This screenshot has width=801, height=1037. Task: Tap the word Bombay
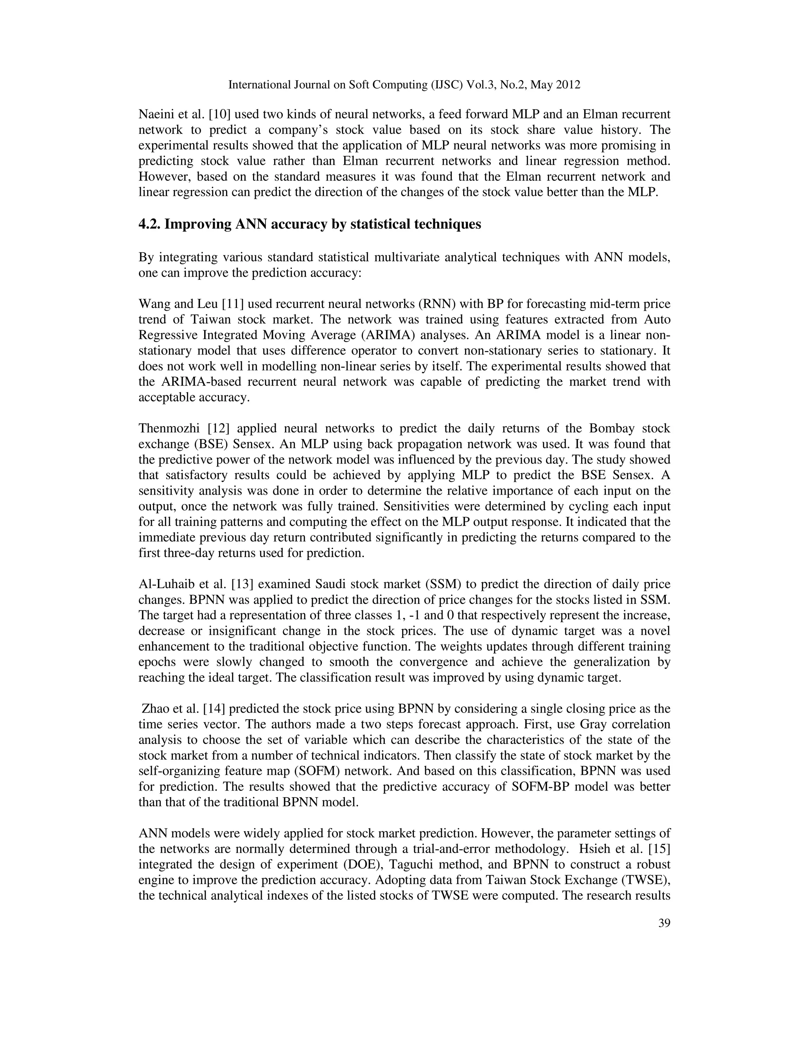[x=611, y=428]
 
